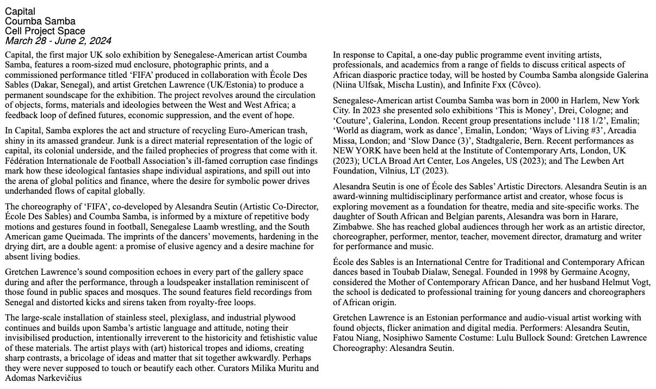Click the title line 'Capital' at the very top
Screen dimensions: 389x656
(x=20, y=11)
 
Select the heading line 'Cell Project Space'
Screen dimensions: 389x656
(x=45, y=31)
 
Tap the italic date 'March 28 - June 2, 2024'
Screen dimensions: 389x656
(x=58, y=41)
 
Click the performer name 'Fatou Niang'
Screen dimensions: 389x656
(x=357, y=338)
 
